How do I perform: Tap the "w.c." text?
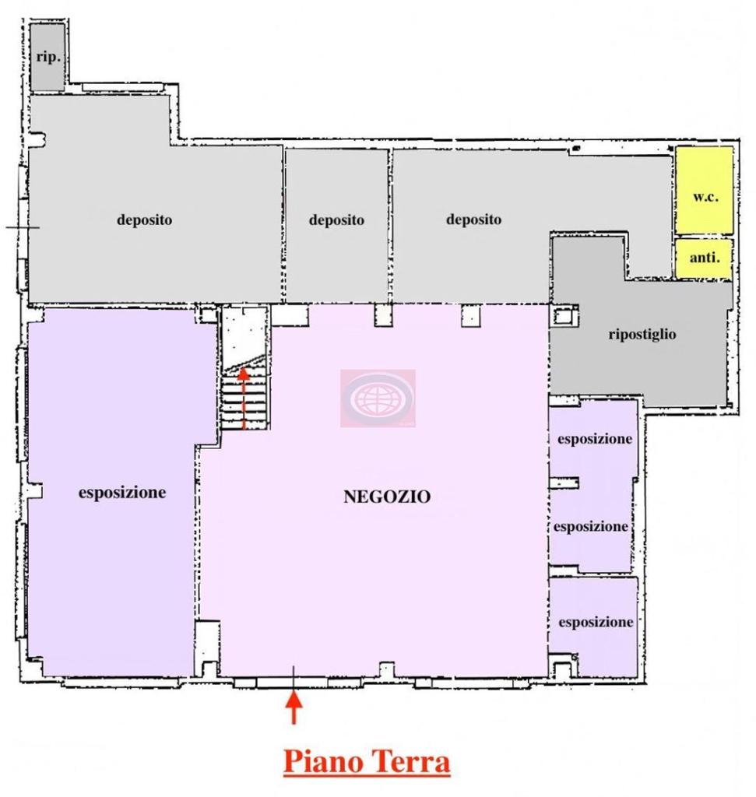(x=705, y=197)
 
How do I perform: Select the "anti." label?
(x=704, y=258)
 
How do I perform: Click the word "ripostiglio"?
(x=642, y=335)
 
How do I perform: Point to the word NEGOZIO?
(x=387, y=496)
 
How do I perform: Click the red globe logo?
(x=378, y=398)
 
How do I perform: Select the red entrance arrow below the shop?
(x=294, y=707)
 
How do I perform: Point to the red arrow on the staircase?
(x=243, y=397)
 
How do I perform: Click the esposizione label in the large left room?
(x=122, y=493)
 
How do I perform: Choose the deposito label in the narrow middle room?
(x=336, y=220)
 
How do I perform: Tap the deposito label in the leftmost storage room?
(x=145, y=220)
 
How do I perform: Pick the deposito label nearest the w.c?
(x=473, y=219)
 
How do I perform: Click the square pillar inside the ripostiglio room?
(x=563, y=317)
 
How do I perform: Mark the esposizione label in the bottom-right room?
(x=596, y=623)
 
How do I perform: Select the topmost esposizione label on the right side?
(x=594, y=439)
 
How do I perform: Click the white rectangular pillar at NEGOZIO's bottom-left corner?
(x=207, y=646)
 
